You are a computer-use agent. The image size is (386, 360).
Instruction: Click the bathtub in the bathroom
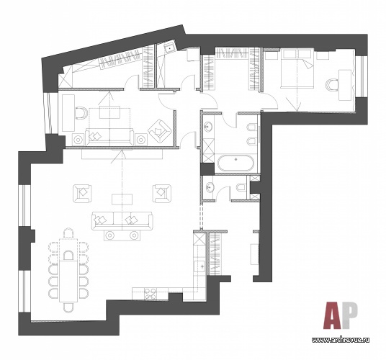[x=235, y=163]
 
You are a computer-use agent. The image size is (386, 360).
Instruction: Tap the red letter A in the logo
[x=332, y=315]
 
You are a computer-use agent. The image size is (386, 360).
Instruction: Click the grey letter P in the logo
[x=349, y=315]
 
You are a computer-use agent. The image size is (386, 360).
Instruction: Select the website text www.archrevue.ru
[x=341, y=340]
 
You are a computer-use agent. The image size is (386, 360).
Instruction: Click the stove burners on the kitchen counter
[x=151, y=293]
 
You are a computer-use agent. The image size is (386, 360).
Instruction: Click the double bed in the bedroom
[x=297, y=68]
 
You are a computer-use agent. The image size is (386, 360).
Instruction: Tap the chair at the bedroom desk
[x=331, y=84]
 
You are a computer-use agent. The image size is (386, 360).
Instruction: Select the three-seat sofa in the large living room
[x=122, y=221]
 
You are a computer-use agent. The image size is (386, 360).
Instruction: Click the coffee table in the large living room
[x=122, y=199]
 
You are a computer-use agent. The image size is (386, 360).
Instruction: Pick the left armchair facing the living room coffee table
[x=82, y=194]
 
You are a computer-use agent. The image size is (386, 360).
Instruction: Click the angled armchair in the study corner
[x=160, y=130]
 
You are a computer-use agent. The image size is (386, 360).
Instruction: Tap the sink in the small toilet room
[x=210, y=187]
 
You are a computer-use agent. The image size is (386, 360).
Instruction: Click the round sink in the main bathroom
[x=208, y=127]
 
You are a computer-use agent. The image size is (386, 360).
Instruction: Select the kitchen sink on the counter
[x=200, y=266]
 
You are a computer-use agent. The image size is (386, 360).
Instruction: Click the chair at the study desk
[x=81, y=113]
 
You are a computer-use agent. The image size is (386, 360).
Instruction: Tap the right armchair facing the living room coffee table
[x=162, y=194]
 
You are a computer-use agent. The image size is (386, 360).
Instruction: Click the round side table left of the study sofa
[x=78, y=140]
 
